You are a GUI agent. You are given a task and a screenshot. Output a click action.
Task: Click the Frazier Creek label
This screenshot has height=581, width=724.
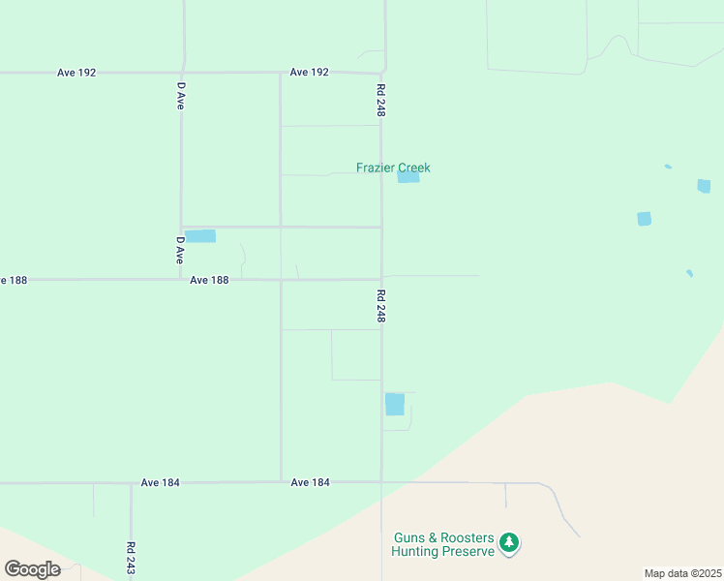pyautogui.click(x=393, y=168)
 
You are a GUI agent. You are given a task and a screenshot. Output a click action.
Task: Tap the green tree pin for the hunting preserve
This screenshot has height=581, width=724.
pyautogui.click(x=510, y=544)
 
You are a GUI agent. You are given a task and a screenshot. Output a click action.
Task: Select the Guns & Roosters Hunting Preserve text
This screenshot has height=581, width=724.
pyautogui.click(x=443, y=544)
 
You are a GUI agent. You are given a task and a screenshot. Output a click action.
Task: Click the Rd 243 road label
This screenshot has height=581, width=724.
pyautogui.click(x=131, y=559)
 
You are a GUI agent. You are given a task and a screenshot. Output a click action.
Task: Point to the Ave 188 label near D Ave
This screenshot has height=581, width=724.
pyautogui.click(x=209, y=280)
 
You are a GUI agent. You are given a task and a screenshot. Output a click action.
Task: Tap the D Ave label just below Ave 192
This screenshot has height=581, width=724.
pyautogui.click(x=180, y=95)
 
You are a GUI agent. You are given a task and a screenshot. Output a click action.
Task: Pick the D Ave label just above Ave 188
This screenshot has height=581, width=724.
pyautogui.click(x=180, y=251)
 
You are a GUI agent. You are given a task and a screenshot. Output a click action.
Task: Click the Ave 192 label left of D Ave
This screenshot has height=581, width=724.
pyautogui.click(x=76, y=73)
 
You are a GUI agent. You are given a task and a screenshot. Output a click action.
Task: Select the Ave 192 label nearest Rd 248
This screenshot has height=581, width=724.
pyautogui.click(x=310, y=73)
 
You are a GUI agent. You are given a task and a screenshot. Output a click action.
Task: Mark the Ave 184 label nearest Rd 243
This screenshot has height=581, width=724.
pyautogui.click(x=161, y=482)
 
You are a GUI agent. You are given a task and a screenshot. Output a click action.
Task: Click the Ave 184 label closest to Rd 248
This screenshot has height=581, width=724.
pyautogui.click(x=311, y=482)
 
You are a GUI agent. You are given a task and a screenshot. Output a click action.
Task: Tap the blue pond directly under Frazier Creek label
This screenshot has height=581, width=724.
pyautogui.click(x=408, y=177)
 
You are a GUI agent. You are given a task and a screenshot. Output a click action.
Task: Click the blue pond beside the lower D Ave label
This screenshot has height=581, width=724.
pyautogui.click(x=200, y=236)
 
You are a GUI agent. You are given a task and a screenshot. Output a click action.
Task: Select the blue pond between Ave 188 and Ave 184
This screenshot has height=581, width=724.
pyautogui.click(x=395, y=404)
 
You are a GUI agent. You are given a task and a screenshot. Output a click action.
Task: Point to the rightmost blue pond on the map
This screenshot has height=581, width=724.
pyautogui.click(x=704, y=186)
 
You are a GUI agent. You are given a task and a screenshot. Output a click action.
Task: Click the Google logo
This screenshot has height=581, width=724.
pyautogui.click(x=32, y=569)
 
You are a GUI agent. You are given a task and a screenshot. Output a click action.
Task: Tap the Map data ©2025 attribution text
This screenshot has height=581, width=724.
pyautogui.click(x=682, y=573)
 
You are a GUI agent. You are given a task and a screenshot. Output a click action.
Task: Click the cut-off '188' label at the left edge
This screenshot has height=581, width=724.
pyautogui.click(x=13, y=280)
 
